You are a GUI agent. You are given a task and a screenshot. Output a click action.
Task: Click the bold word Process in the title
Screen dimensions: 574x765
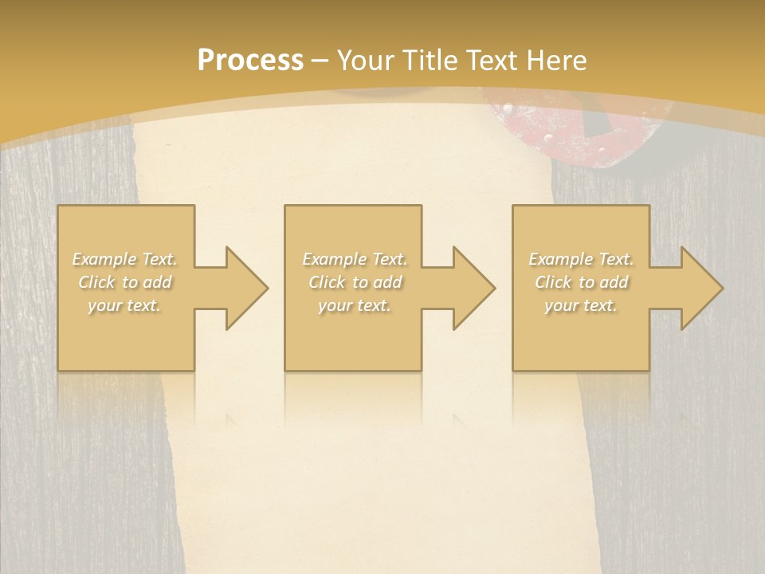click(250, 61)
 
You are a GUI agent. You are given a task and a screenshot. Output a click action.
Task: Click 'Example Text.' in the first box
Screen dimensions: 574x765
click(124, 259)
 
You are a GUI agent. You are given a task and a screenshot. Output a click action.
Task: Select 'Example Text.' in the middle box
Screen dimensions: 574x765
click(354, 259)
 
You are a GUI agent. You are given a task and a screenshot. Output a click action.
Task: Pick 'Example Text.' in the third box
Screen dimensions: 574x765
click(580, 259)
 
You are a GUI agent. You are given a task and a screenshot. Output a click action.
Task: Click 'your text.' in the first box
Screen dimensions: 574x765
click(124, 305)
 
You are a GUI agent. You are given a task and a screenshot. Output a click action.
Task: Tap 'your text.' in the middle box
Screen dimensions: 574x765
click(354, 305)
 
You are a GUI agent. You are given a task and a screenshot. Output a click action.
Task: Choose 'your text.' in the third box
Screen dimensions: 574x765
click(580, 305)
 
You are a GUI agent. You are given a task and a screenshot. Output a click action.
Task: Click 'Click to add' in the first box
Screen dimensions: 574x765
click(124, 282)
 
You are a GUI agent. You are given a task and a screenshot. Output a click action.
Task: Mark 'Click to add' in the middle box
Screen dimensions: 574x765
click(354, 282)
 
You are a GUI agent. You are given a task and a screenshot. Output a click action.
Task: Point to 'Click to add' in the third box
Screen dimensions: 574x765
click(580, 282)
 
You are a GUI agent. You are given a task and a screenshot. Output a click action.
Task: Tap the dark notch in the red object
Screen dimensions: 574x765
click(596, 124)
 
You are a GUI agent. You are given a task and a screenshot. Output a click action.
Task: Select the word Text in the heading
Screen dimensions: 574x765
click(493, 61)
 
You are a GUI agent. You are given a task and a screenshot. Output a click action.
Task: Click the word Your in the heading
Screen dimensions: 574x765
click(367, 61)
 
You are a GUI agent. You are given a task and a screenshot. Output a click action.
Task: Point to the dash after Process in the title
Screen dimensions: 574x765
click(320, 61)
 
